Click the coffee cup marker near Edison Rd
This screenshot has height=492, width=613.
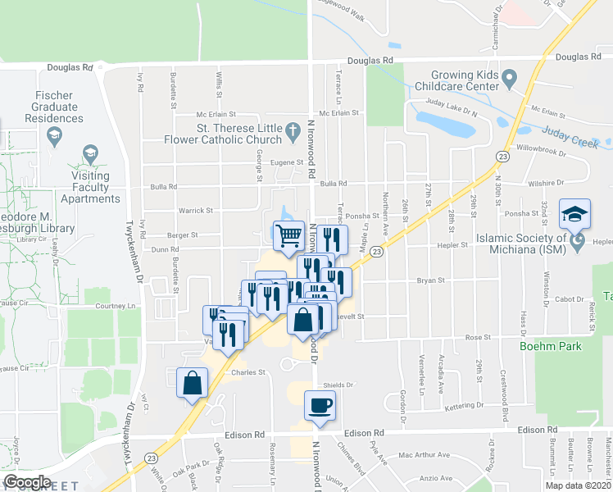point(320,405)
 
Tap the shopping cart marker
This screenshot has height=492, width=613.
point(288,236)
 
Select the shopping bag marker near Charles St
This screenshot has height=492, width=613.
point(192,383)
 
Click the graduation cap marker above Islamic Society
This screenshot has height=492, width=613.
point(574,214)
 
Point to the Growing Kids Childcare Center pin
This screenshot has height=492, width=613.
point(508,80)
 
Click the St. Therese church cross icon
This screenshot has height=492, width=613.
point(292,129)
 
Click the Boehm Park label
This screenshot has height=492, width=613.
point(550,346)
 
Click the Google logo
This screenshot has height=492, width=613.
point(27,481)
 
